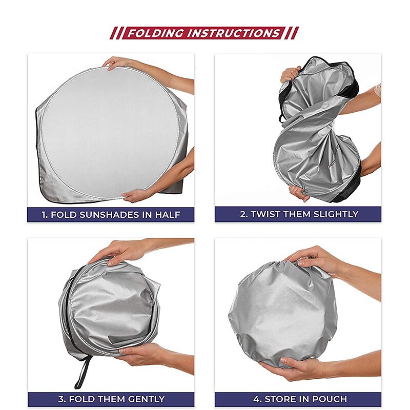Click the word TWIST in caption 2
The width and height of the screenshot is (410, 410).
(265, 214)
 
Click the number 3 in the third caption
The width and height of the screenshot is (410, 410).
(61, 399)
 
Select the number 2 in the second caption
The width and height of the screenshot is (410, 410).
(243, 214)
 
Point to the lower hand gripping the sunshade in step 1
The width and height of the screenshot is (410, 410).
(136, 195)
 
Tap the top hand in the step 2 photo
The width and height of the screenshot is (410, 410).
(290, 74)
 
